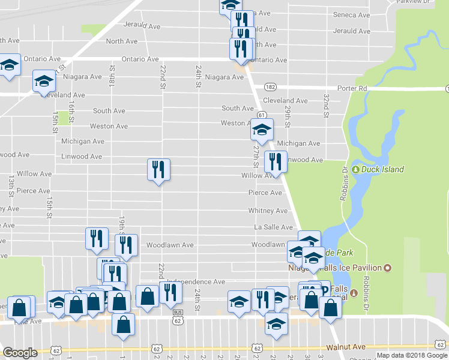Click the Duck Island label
coord(382,170)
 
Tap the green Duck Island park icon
coord(355,170)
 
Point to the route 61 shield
coord(262,115)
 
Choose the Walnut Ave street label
coord(346,347)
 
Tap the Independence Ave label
coord(196,281)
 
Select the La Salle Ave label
coord(273,227)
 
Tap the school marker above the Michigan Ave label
coord(262,128)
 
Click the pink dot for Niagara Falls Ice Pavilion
coord(388,268)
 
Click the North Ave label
coord(122,41)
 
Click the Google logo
coord(20,353)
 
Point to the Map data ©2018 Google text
coord(411,355)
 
